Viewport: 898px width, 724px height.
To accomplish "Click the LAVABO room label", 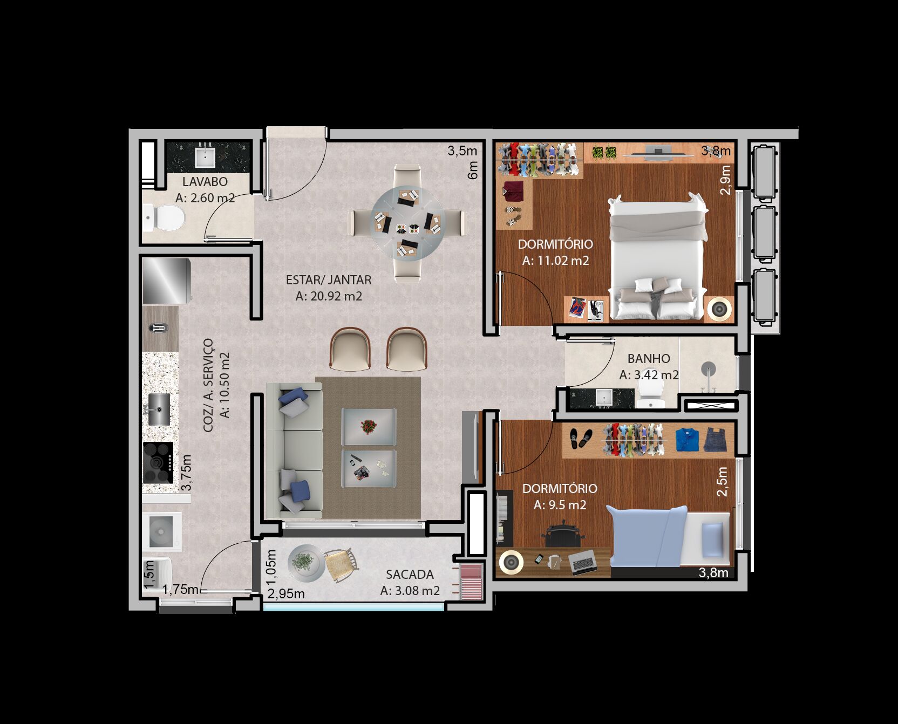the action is coord(205,182).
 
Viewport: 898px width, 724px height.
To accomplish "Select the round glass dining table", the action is coord(407,223).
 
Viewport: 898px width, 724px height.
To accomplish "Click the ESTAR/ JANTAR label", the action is coord(329,280).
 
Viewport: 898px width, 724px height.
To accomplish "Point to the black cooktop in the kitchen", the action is coord(158,462).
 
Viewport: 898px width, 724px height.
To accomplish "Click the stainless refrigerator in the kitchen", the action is coord(166,281).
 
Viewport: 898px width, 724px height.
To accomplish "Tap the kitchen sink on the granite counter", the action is coord(159,409).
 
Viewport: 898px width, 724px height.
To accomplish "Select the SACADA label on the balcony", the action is coord(410,575).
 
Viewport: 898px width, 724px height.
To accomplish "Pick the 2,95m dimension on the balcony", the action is coord(286,594).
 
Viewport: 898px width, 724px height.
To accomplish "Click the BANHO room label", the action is coord(649,359).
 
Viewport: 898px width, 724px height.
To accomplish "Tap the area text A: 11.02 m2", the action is coord(555,261).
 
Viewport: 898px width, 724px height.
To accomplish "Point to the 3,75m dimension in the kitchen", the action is coord(186,473).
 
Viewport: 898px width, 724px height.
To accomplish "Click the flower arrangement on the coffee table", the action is coord(369,427).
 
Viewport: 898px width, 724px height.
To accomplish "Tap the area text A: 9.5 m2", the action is coord(560,505).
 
